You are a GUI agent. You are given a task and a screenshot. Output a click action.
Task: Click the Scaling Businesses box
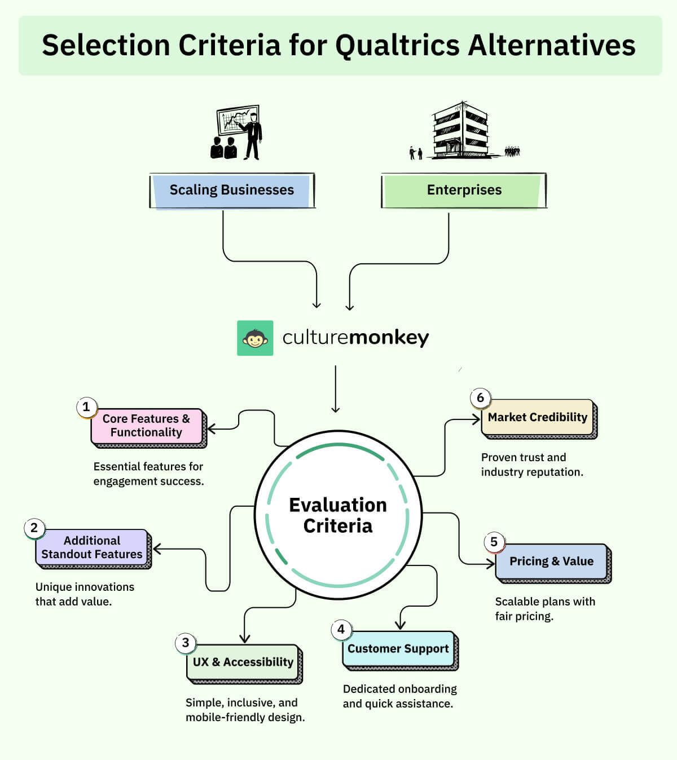[x=232, y=191]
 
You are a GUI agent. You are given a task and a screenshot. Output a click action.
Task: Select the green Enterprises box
[x=464, y=191]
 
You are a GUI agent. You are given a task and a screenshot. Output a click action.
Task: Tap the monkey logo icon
[x=255, y=338]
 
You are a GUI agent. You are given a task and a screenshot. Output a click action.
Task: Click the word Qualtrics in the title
[x=397, y=46]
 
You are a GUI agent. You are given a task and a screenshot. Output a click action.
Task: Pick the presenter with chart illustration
[x=236, y=132]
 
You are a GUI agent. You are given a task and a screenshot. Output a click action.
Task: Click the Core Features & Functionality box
[x=147, y=426]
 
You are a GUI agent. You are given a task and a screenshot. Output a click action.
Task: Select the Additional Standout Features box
[x=92, y=547]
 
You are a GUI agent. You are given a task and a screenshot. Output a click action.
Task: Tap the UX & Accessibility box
[x=243, y=662]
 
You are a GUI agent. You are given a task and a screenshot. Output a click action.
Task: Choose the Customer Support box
[x=398, y=649]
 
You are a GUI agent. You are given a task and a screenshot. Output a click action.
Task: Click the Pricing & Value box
[x=551, y=562]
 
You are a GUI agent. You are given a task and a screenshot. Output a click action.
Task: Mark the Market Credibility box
[x=537, y=417]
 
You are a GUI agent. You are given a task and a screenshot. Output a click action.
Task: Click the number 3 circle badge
[x=186, y=643]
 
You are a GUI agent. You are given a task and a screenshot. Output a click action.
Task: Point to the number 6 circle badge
[x=481, y=397]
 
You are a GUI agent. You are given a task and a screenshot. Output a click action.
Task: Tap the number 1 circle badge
[x=86, y=406]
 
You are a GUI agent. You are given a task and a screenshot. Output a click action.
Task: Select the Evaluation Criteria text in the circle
[x=338, y=515]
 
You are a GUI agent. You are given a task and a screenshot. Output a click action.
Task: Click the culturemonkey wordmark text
[x=355, y=338]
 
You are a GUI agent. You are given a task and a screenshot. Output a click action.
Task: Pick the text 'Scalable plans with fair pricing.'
[x=545, y=609]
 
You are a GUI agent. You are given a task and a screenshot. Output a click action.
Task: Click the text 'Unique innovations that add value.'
[x=85, y=594]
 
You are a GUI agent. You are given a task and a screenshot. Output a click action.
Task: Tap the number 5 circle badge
[x=494, y=542]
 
